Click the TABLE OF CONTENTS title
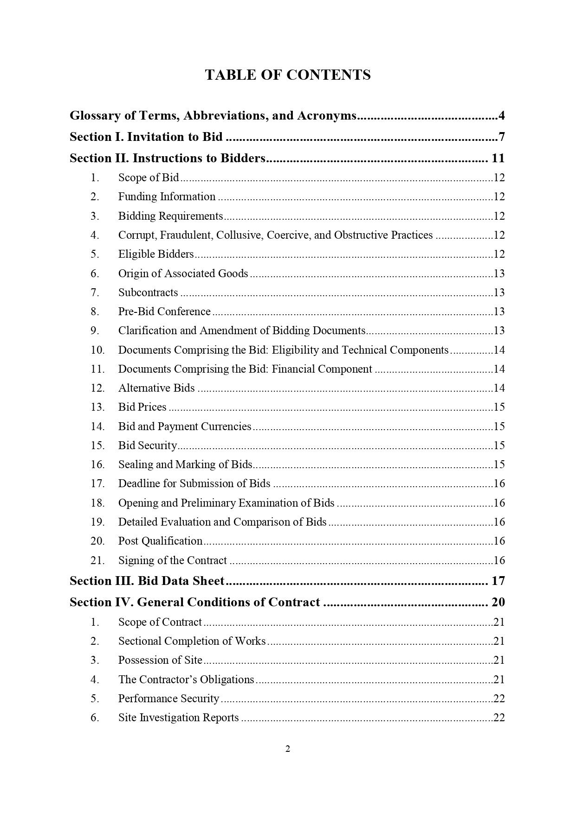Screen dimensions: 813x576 [288, 75]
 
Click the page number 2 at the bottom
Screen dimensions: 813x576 [288, 749]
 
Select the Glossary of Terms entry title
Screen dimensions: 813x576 [213, 115]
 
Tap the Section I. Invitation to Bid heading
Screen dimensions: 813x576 [146, 137]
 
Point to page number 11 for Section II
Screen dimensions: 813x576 [498, 159]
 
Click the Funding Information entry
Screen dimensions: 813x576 [167, 197]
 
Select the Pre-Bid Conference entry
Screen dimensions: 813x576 [164, 311]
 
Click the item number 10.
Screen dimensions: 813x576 [97, 350]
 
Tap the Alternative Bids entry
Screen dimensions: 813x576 [156, 388]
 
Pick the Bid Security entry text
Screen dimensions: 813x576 [148, 445]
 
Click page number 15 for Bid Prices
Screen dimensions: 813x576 [499, 407]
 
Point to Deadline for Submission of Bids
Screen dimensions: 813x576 [194, 483]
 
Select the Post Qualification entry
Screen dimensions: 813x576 [160, 541]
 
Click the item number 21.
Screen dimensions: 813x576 [97, 560]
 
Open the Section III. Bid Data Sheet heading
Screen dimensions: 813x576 [147, 581]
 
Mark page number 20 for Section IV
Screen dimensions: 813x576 [498, 602]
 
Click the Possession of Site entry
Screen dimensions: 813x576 [160, 660]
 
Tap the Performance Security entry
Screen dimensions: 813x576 [168, 699]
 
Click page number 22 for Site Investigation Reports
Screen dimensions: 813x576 [499, 718]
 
